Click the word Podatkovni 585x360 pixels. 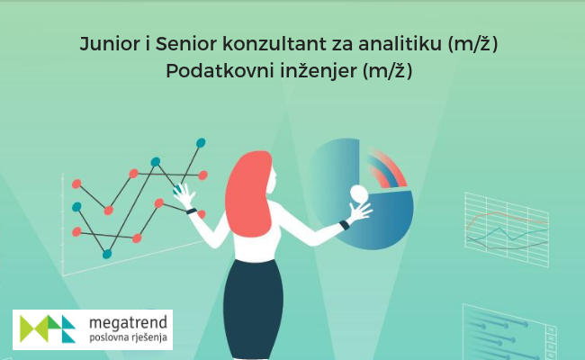(x=220, y=70)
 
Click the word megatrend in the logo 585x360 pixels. (x=128, y=323)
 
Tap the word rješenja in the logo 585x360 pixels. (x=149, y=338)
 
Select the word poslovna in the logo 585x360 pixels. (x=109, y=337)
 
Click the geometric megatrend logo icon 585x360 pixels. (x=48, y=328)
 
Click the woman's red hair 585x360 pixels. (x=248, y=193)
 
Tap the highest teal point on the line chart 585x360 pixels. (x=201, y=142)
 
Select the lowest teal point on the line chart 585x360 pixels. (x=107, y=254)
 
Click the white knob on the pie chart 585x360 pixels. (x=359, y=193)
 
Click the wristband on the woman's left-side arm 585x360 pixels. (x=192, y=211)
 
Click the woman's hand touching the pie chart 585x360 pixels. (x=359, y=211)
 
